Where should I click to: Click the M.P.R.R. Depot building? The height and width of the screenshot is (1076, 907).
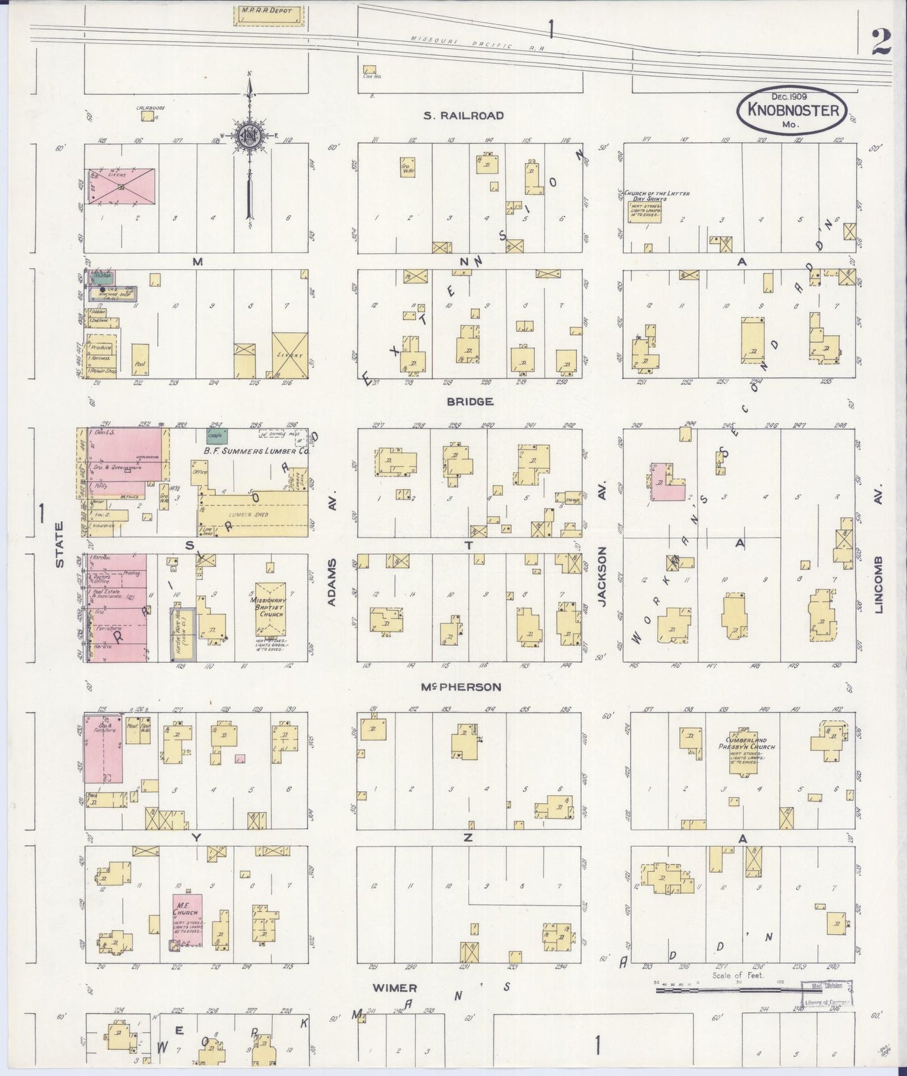point(269,15)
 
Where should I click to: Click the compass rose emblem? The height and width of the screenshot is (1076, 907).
point(250,134)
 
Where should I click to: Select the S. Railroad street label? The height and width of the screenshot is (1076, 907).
point(463,115)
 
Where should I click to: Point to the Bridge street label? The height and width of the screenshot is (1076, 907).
point(470,402)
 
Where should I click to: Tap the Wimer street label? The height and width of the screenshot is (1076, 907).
point(395,987)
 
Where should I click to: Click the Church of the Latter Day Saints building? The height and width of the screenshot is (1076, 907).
point(647,207)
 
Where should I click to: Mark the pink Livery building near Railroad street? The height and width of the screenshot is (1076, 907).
point(121,186)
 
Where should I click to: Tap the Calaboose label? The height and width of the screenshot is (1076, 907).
point(146,109)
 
